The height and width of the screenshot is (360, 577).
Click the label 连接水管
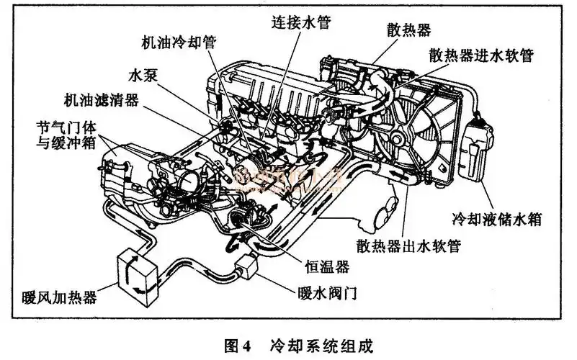(301, 22)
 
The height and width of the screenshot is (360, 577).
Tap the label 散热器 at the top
(409, 30)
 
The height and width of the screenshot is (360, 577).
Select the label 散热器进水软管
(481, 55)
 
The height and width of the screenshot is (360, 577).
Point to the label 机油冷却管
(179, 42)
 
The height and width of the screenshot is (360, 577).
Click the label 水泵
(143, 76)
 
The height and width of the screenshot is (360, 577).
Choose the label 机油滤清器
(101, 99)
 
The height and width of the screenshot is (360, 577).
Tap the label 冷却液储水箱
(497, 219)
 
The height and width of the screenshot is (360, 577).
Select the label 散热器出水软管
(409, 246)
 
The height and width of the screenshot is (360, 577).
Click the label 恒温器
(327, 266)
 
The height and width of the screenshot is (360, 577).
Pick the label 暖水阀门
(328, 293)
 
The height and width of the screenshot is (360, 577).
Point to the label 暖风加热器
(59, 297)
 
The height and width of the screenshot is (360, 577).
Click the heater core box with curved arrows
(138, 276)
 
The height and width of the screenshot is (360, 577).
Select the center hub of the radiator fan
(397, 138)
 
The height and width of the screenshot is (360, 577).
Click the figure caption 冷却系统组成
(321, 346)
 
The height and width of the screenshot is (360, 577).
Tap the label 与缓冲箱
(66, 143)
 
